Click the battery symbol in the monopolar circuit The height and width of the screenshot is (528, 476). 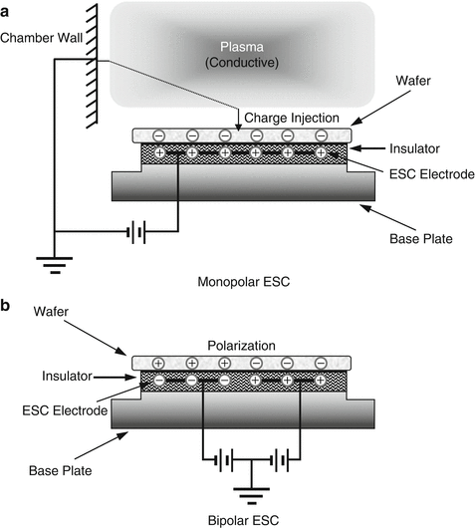(137, 234)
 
